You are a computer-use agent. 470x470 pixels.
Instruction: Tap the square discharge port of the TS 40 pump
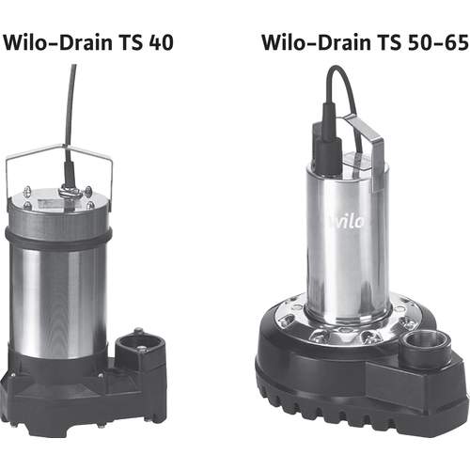pyautogui.click(x=140, y=346)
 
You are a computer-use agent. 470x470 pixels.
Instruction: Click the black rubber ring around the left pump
pyautogui.click(x=58, y=238)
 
